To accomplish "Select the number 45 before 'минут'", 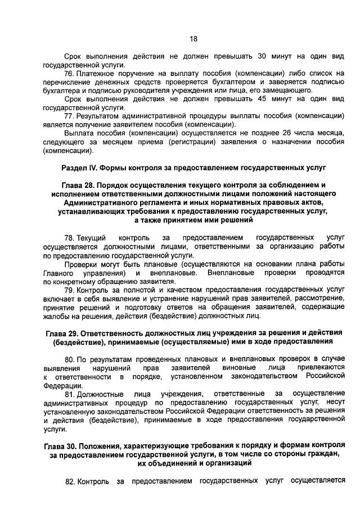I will tap(262, 98).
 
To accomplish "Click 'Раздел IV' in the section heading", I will tap(77, 168).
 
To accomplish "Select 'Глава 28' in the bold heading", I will tap(78, 184).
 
